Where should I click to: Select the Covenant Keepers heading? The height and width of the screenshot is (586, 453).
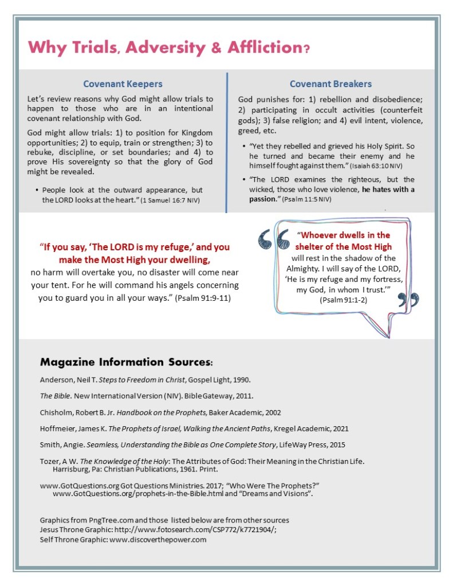click(123, 84)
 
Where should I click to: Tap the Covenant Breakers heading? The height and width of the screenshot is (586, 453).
click(330, 84)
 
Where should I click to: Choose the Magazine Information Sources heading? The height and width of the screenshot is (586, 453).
click(126, 363)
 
